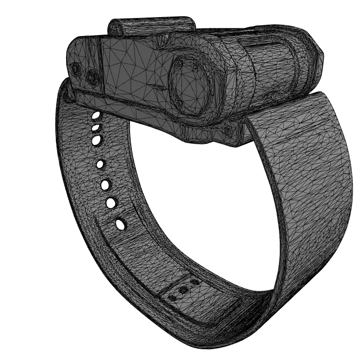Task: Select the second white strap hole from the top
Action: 95,128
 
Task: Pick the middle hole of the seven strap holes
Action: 100,164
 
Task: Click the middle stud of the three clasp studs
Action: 184,290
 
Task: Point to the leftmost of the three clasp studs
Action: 172,297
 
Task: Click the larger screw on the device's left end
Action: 93,77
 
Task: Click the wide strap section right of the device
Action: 301,180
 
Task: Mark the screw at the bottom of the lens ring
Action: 180,102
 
